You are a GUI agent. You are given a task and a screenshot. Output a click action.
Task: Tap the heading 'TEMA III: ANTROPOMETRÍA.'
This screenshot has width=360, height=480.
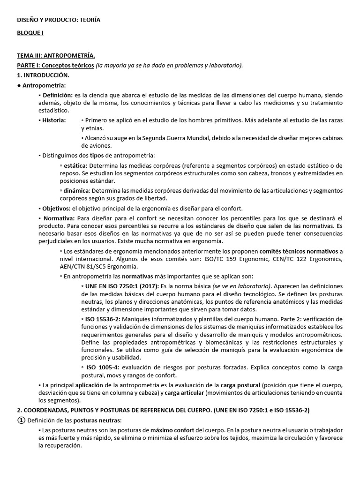(x=56, y=56)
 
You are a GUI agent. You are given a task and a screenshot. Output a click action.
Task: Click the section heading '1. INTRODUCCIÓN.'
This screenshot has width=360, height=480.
(x=43, y=75)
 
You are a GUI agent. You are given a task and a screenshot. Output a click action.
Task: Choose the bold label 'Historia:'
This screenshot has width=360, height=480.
(x=54, y=120)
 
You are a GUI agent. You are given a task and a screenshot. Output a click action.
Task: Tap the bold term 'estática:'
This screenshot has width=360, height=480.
(x=75, y=166)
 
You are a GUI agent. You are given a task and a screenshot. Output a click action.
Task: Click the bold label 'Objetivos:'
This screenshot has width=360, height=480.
(x=56, y=208)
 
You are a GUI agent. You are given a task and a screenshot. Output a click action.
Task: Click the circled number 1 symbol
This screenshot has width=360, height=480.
(x=21, y=420)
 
